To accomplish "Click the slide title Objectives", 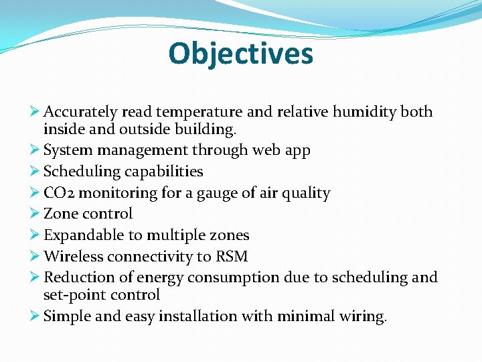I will click(x=241, y=54).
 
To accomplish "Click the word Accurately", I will click(x=80, y=112).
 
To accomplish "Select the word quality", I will click(x=305, y=194).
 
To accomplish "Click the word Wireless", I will click(x=73, y=257).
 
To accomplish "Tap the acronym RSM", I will click(x=232, y=257).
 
